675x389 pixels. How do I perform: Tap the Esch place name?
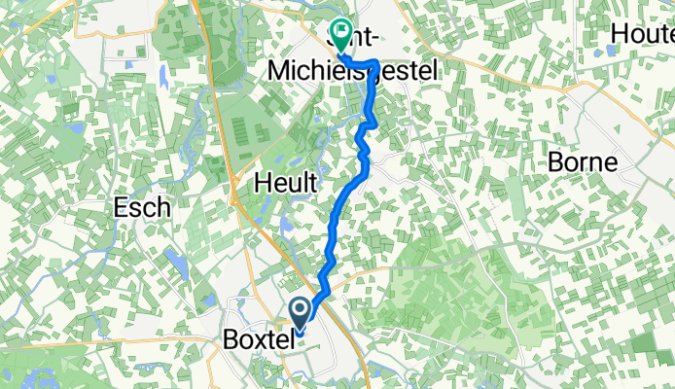click(142, 207)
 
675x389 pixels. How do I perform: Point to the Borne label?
click(582, 161)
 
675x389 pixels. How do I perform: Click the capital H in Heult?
click(262, 181)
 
